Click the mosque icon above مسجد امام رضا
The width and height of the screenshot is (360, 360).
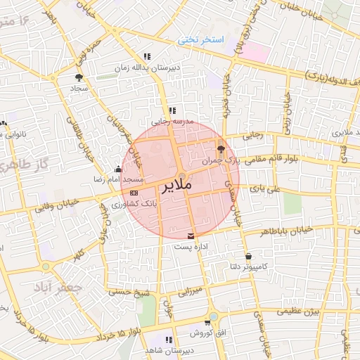pyautogui.click(x=117, y=169)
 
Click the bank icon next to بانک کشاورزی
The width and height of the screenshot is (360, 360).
pyautogui.click(x=134, y=192)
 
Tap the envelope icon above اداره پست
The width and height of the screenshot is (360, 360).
pyautogui.click(x=191, y=236)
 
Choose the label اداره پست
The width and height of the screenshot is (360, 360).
pyautogui.click(x=191, y=247)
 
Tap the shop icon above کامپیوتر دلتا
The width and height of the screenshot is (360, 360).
pyautogui.click(x=248, y=256)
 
